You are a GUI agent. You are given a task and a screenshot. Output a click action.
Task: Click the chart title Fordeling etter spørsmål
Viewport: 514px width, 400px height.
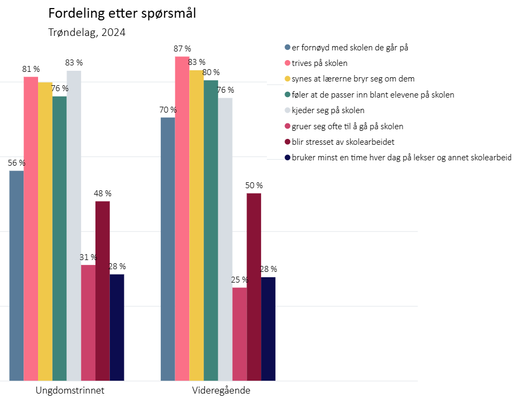coord(122,13)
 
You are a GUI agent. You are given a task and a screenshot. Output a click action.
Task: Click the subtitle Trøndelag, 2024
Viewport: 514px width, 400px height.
coord(87,33)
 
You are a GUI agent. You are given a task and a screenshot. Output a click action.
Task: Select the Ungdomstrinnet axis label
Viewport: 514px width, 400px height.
coord(70,390)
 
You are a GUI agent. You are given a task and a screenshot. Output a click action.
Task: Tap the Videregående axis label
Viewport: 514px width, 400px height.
coord(221,390)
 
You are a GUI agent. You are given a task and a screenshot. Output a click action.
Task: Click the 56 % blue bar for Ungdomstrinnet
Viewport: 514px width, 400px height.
coord(17,276)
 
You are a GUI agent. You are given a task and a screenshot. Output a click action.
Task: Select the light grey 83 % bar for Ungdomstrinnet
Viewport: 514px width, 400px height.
coord(74,225)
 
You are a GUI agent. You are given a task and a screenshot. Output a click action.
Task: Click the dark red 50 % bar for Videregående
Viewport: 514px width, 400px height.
coord(254,287)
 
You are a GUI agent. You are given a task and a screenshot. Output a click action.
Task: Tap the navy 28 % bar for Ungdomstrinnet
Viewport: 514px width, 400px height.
coord(117,327)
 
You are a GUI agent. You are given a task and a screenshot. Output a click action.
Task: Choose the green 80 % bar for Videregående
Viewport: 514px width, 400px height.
coord(211,231)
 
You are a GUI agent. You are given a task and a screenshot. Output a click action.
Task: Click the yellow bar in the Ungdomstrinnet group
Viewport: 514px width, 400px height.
coord(45,231)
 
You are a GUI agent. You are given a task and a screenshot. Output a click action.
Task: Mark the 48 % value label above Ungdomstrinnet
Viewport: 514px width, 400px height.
coord(103,194)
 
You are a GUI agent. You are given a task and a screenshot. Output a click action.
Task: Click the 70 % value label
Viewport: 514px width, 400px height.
coord(168,110)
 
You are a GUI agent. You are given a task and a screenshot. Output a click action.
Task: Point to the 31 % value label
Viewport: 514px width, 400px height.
coord(88,257)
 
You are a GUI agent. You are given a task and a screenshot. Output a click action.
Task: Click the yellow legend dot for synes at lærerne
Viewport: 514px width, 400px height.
coord(287,79)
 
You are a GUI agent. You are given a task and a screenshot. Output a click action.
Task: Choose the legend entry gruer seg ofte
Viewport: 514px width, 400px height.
coord(347,127)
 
